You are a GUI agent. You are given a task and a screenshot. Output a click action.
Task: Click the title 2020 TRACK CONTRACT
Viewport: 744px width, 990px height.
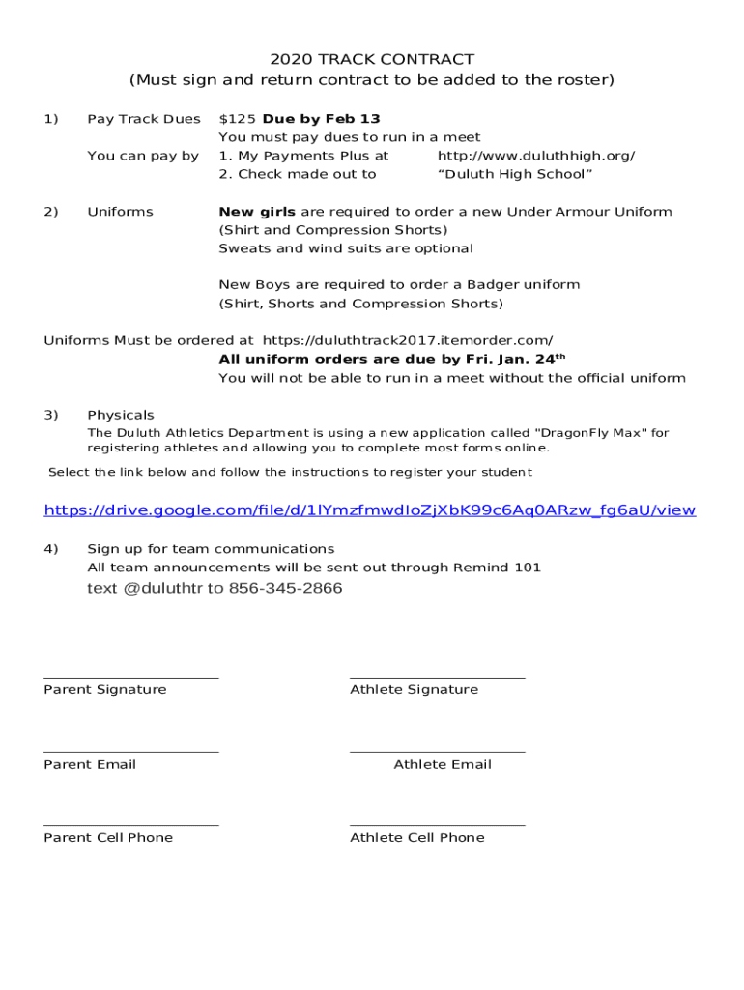tap(372, 60)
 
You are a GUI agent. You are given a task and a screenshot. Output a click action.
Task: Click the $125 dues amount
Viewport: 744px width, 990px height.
tap(238, 119)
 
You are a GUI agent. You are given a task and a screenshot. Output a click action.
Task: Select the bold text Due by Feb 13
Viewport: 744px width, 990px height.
tap(322, 119)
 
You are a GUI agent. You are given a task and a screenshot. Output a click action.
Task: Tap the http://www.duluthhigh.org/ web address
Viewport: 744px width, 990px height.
tap(536, 156)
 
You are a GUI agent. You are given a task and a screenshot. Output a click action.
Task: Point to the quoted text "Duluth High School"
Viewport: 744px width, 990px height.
tap(515, 174)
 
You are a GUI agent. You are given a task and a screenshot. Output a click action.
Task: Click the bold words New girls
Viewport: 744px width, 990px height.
tap(257, 212)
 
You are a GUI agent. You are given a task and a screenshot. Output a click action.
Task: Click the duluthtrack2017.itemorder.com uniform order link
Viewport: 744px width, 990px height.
tap(408, 340)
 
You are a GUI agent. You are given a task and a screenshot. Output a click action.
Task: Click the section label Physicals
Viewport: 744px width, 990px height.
tap(121, 415)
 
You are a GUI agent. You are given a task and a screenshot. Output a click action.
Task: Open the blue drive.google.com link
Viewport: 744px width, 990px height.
tap(370, 510)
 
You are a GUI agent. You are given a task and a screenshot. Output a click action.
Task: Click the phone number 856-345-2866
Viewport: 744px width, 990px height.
tap(285, 589)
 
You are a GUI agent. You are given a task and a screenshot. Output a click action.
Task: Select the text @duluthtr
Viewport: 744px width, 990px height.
tap(162, 589)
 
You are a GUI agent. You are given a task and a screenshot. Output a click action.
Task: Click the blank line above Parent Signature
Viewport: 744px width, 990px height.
tap(130, 678)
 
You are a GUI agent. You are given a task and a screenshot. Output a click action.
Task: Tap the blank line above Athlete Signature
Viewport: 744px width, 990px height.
tap(437, 678)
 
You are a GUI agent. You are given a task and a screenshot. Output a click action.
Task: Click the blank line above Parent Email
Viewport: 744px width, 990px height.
tap(130, 751)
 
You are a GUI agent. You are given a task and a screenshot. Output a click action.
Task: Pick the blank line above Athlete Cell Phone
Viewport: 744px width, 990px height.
tap(437, 825)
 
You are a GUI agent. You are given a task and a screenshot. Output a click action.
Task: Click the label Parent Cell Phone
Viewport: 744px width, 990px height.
tap(108, 838)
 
